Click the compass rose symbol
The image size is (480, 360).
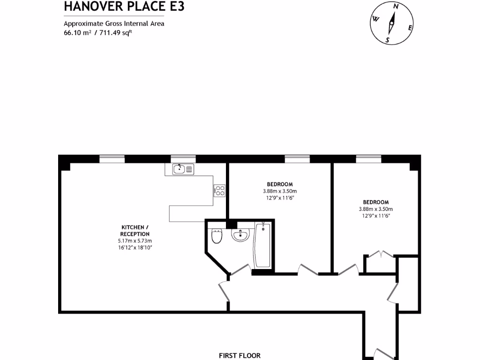[392, 23]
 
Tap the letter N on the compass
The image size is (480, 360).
[396, 6]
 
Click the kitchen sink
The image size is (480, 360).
[183, 169]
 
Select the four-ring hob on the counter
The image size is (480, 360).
[220, 190]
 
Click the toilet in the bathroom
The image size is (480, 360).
[217, 237]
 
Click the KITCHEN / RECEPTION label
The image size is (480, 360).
[135, 231]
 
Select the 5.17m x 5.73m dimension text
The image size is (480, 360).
[135, 240]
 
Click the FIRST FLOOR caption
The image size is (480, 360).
[240, 356]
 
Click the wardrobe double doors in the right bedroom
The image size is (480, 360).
[381, 255]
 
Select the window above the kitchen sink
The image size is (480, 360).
[183, 159]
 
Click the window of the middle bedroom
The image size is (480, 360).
[297, 159]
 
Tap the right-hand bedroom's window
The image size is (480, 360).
[368, 159]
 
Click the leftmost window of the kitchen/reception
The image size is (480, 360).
[112, 159]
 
